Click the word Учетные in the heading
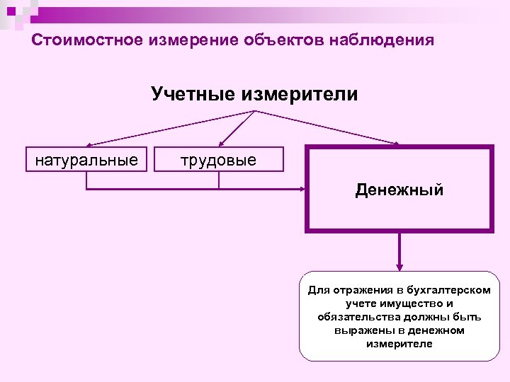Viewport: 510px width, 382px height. tap(193, 94)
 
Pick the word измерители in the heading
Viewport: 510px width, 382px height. tap(300, 94)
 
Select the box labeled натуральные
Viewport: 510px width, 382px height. tap(86, 159)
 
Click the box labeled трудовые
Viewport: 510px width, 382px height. tap(219, 159)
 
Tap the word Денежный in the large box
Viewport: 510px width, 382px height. tap(399, 190)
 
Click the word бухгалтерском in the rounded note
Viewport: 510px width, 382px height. tap(453, 290)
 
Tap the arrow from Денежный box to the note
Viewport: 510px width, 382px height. tap(400, 251)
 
